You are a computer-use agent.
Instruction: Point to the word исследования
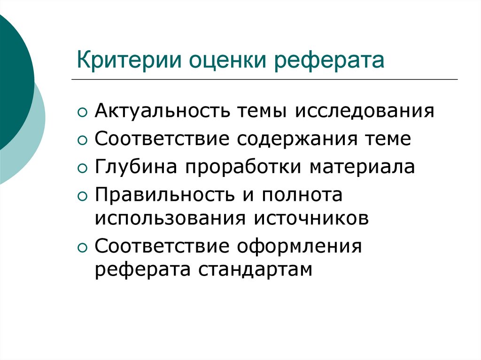coord(365,112)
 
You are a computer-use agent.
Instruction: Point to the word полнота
coord(302,195)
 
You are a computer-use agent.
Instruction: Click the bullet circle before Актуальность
coord(83,113)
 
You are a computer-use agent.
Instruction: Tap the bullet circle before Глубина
coord(83,168)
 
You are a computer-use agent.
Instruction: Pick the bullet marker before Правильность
coord(83,196)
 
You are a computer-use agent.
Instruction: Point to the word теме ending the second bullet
coord(388,139)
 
